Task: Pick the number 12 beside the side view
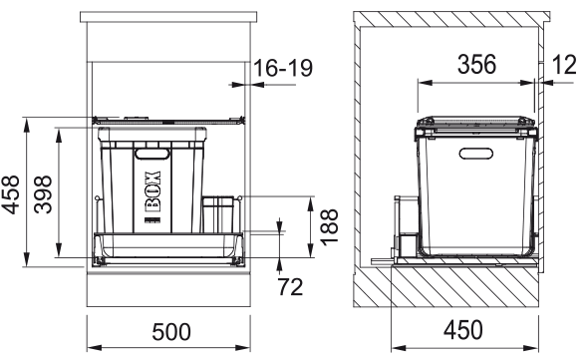click(x=564, y=66)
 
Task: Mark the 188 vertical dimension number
click(x=328, y=227)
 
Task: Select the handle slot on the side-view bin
click(x=476, y=153)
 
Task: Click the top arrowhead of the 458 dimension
click(x=27, y=123)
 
